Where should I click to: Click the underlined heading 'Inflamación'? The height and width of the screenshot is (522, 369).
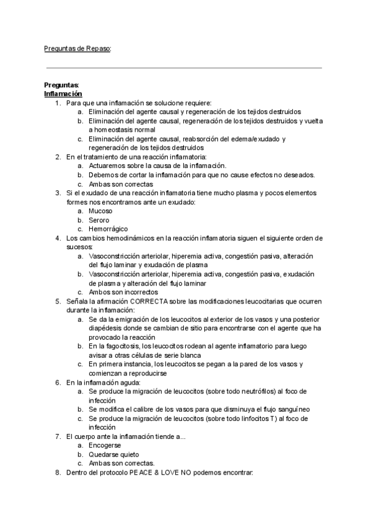(x=63, y=94)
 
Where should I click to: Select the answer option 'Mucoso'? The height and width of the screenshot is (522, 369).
(x=100, y=211)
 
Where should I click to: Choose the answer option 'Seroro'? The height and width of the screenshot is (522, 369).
(x=99, y=220)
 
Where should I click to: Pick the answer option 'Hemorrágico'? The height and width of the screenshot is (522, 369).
(x=108, y=229)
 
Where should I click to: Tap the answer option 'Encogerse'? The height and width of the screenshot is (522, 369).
(x=105, y=444)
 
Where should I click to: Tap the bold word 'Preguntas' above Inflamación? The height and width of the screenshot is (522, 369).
(x=61, y=85)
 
